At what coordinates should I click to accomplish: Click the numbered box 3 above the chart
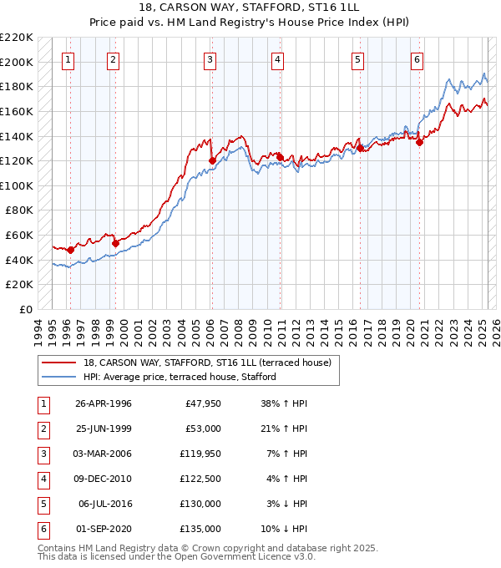pyautogui.click(x=210, y=59)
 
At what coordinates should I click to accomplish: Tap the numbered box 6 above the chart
pyautogui.click(x=416, y=59)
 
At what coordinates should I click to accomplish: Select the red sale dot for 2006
pyautogui.click(x=212, y=160)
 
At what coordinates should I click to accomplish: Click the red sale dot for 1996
pyautogui.click(x=70, y=250)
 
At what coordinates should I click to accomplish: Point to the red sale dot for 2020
pyautogui.click(x=419, y=142)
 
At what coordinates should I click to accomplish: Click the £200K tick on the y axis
pyautogui.click(x=18, y=62)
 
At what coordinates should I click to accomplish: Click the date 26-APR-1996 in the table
pyautogui.click(x=104, y=403)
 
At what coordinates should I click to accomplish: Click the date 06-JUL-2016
pyautogui.click(x=104, y=504)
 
